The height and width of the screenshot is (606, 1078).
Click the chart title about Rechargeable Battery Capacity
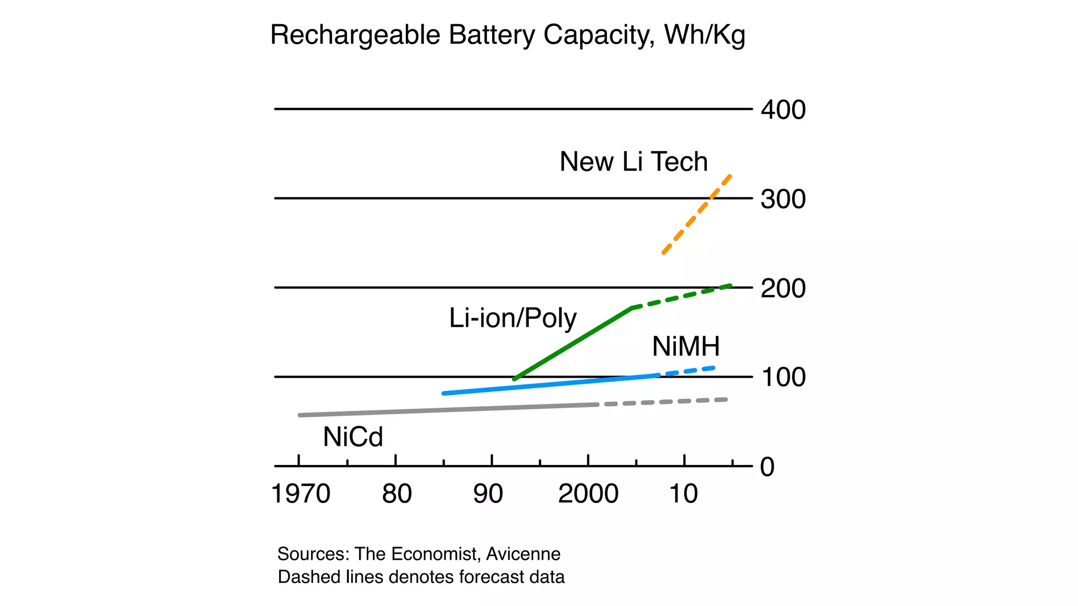[x=507, y=36]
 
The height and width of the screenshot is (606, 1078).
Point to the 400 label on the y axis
[x=783, y=110]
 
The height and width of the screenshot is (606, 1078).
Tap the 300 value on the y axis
[x=783, y=199]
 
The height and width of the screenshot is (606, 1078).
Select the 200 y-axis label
[x=783, y=289]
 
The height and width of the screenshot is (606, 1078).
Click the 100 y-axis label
[x=783, y=378]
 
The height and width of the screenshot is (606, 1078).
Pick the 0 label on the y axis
[x=767, y=467]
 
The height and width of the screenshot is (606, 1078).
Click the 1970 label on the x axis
[x=301, y=494]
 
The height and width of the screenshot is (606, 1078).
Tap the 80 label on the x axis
[x=397, y=494]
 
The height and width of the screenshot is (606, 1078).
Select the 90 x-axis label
[x=488, y=494]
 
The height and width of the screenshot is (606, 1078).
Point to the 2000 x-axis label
[x=588, y=494]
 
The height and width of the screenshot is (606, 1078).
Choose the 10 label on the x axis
[x=683, y=494]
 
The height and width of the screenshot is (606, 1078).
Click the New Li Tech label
[x=633, y=161]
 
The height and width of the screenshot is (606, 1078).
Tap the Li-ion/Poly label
[x=513, y=318]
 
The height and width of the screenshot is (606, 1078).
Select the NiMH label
[x=686, y=347]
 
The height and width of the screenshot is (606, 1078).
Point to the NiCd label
[x=353, y=437]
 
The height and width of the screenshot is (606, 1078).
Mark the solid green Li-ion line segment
[x=572, y=344]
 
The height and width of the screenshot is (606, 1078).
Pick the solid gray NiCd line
[x=447, y=410]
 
